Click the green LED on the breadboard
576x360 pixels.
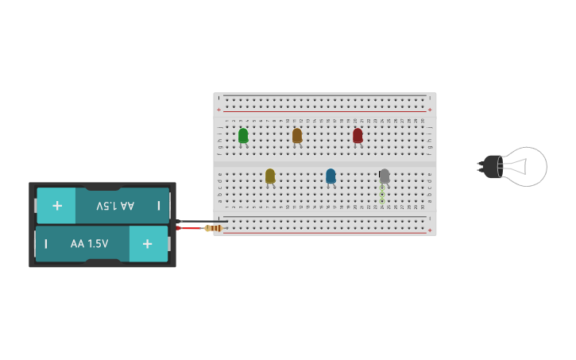[x=243, y=135]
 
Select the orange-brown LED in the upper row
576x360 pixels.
[x=297, y=135]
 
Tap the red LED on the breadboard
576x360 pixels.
[x=358, y=135]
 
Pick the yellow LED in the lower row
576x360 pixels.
[x=270, y=176]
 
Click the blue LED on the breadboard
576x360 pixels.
[x=331, y=176]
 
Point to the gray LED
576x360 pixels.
[x=385, y=176]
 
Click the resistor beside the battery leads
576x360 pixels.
[x=213, y=229]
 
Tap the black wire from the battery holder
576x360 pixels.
[x=199, y=221]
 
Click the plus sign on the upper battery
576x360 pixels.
[x=57, y=206]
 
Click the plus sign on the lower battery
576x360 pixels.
[x=148, y=243]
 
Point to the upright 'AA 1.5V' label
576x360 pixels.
[x=89, y=244]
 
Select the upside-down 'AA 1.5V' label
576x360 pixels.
[x=115, y=206]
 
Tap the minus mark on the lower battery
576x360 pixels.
[x=46, y=243]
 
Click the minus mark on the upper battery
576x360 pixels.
[x=159, y=206]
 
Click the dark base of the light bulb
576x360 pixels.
[x=494, y=166]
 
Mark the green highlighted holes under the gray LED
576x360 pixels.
[x=382, y=194]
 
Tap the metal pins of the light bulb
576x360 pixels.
[x=481, y=166]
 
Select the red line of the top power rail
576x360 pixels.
[x=326, y=111]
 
